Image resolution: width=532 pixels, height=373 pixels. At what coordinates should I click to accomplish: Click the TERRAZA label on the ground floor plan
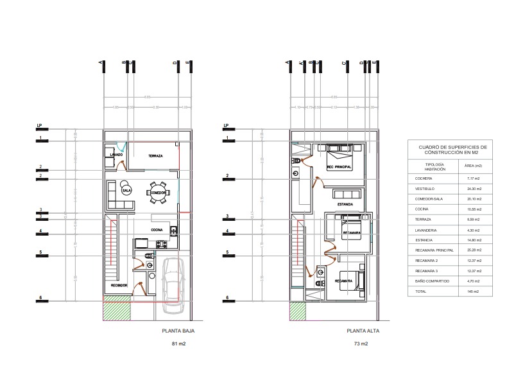[x=155, y=157]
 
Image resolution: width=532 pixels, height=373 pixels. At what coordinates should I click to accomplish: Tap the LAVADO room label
[x=116, y=155]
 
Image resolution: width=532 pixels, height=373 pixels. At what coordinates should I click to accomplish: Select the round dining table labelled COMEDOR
[x=159, y=192]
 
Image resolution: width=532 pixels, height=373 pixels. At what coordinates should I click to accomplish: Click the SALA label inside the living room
[x=126, y=190]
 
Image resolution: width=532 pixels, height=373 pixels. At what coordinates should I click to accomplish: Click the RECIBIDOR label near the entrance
[x=119, y=284]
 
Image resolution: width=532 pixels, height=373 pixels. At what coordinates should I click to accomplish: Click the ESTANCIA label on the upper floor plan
[x=345, y=204]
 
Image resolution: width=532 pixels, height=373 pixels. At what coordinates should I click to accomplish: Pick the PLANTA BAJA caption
[x=178, y=331]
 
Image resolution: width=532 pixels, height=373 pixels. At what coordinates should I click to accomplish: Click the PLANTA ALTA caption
[x=361, y=331]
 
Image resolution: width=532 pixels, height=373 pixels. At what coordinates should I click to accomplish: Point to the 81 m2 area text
[x=178, y=345]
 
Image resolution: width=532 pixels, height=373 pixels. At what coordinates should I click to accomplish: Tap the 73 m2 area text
[x=361, y=345]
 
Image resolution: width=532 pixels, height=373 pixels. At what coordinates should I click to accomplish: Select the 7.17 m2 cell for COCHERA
[x=473, y=178]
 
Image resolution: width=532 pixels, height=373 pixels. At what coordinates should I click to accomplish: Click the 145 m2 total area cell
[x=473, y=291]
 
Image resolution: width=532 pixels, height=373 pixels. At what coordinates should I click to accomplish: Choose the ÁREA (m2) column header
[x=473, y=166]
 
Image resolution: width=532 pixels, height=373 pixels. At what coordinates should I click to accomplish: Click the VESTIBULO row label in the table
[x=425, y=189]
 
